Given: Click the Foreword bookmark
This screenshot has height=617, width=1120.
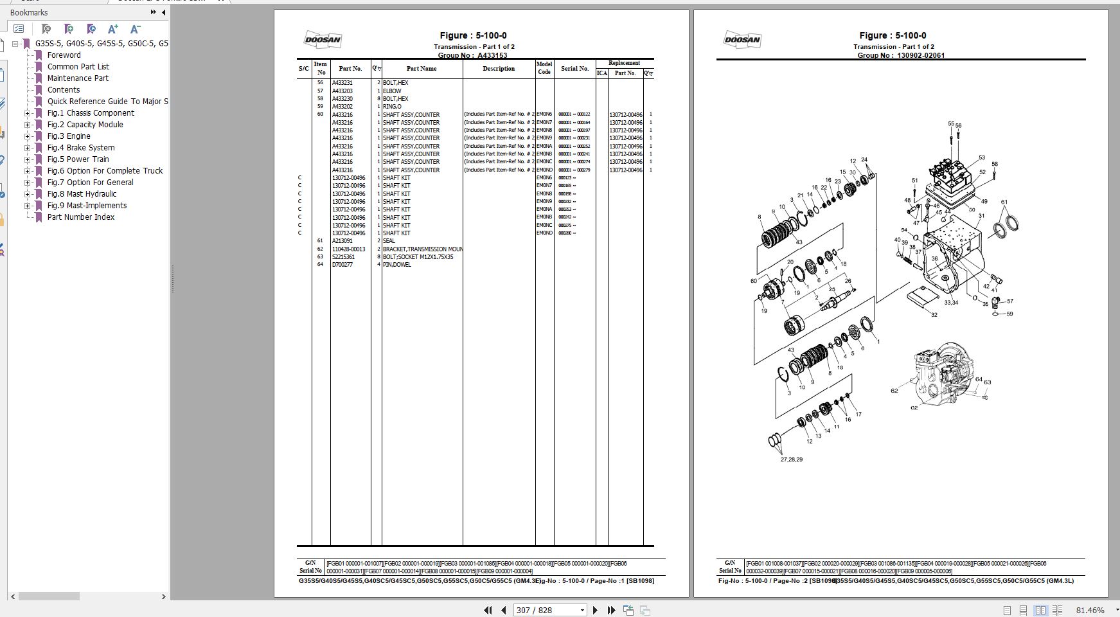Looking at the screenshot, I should pos(64,55).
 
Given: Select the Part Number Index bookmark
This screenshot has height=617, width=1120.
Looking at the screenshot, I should pos(80,217).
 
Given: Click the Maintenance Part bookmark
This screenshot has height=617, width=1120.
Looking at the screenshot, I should pos(78,78).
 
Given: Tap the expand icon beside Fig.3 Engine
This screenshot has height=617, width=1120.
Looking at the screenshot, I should pos(27,136).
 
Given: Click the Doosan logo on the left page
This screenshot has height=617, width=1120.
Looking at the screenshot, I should pos(322,40).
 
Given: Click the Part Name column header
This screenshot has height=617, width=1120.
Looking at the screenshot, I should pos(421,69).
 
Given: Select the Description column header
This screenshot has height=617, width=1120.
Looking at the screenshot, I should pos(499,69).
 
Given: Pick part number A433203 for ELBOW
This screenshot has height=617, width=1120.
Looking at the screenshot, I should pos(342,91).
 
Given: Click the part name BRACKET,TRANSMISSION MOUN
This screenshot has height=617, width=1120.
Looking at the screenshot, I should pos(422,249).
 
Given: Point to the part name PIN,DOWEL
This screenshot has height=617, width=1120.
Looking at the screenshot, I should pos(396,265).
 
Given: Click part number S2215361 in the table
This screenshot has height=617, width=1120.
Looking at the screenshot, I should pos(343,257).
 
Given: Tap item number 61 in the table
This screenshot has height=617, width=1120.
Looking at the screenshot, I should pos(320,241).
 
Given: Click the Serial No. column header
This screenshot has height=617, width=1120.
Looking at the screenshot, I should pos(574,69).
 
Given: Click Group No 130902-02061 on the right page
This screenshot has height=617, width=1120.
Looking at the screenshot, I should pos(920,56).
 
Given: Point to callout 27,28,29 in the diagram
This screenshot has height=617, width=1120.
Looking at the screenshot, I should pos(791,460).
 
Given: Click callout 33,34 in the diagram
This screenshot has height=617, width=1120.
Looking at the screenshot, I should pos(951,303).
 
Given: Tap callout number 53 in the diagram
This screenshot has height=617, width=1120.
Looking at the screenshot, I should pos(982,157).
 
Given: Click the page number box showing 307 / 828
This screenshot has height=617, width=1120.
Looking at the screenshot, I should pos(549,610).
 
